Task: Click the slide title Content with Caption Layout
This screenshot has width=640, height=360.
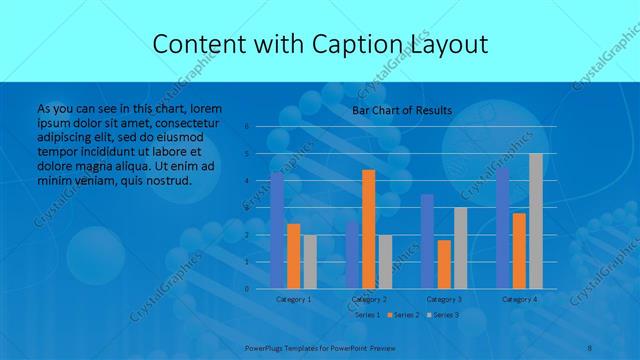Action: (x=320, y=45)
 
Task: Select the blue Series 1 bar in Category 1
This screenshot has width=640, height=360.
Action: (x=277, y=230)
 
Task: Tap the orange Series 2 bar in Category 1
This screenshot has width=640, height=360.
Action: (x=293, y=256)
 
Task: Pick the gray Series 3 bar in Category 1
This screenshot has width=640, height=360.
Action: (x=309, y=262)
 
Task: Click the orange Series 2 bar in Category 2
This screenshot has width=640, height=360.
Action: (x=369, y=229)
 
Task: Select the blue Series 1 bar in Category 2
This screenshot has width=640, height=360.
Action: (x=353, y=255)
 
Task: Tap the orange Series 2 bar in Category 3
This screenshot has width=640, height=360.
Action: (x=444, y=264)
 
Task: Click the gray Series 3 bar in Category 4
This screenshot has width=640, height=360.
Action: (x=536, y=221)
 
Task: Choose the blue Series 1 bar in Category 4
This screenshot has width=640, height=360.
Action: (x=503, y=228)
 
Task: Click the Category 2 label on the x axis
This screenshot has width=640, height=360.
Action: (x=369, y=299)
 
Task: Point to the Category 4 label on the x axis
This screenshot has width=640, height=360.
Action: (x=519, y=299)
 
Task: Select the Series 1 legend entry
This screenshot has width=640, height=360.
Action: (x=367, y=315)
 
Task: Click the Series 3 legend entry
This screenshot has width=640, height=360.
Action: (x=443, y=315)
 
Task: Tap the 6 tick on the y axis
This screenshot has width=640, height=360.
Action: (x=246, y=127)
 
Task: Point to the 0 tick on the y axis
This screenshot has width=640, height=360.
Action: (x=246, y=289)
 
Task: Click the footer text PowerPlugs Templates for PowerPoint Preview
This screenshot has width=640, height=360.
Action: (x=320, y=347)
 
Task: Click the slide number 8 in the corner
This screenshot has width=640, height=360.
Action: (x=590, y=347)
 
